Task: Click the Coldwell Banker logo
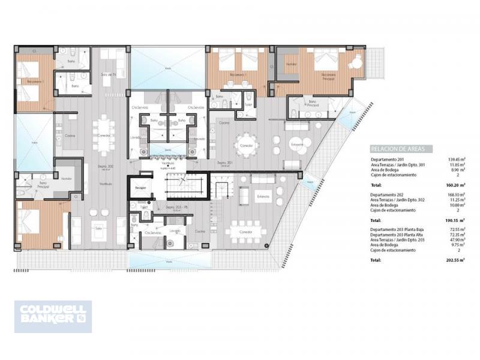click(x=53, y=316)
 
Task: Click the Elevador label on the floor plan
click(x=140, y=188)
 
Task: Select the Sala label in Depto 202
click(x=99, y=226)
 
